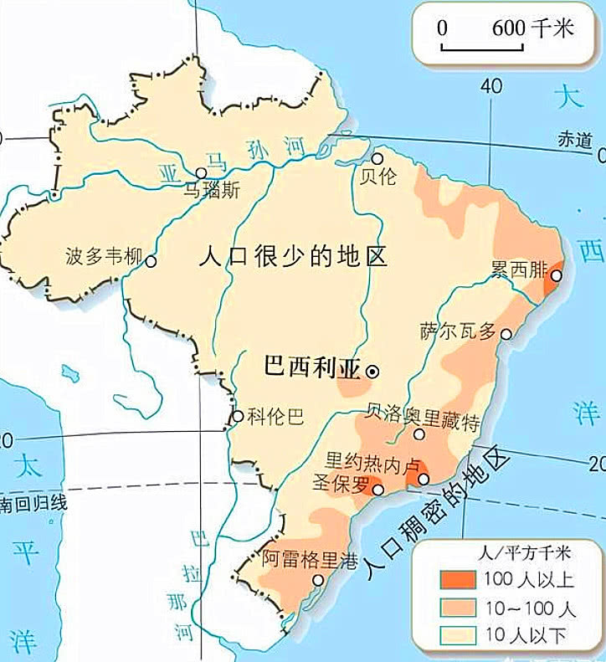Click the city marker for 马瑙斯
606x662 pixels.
201,173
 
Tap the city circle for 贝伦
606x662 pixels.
378,157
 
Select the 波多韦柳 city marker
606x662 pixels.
151,261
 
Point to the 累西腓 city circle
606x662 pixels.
558,275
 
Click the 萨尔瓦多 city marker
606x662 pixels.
506,334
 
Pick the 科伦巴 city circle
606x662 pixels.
238,416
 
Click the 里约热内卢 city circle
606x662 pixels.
424,479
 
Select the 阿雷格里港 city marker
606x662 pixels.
318,580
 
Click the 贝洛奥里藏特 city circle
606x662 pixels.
419,434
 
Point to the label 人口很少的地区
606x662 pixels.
293,255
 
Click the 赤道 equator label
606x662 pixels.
576,141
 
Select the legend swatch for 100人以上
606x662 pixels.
457,579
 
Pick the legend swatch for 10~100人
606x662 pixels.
457,608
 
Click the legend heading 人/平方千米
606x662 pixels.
511,552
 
